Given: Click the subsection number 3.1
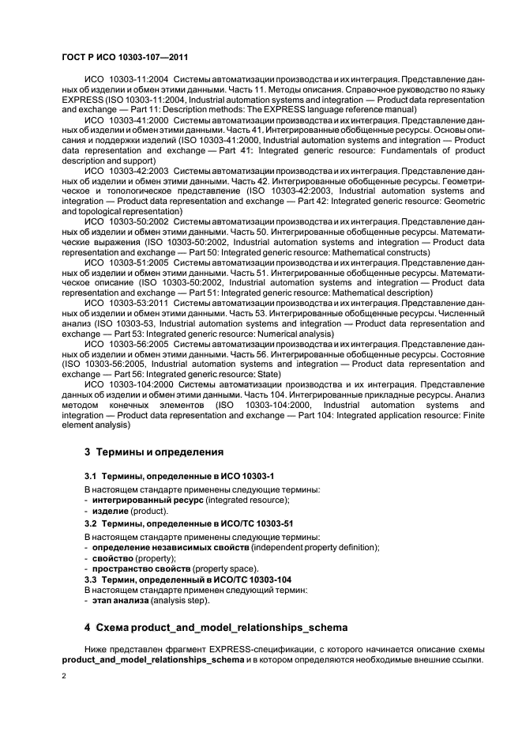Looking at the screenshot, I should (92, 477).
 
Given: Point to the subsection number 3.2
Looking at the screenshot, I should (92, 523).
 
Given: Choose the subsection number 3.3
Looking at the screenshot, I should (92, 580).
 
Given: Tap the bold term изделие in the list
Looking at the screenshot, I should (111, 512).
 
